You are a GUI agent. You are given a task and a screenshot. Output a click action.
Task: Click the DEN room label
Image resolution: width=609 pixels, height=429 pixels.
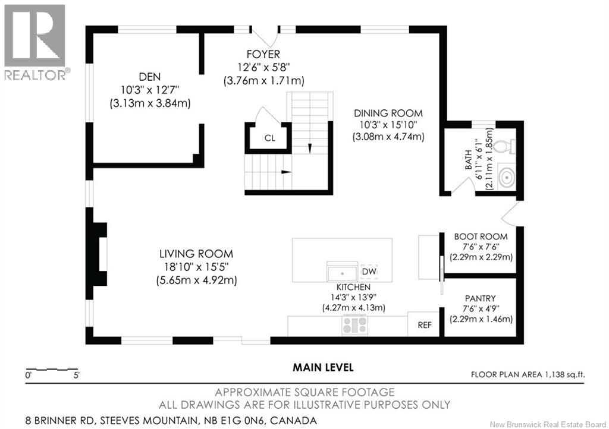[149, 77]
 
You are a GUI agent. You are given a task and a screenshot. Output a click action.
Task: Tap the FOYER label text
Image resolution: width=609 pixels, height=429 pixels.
[263, 54]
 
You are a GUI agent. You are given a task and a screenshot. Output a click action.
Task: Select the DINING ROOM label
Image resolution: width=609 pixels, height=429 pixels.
[388, 113]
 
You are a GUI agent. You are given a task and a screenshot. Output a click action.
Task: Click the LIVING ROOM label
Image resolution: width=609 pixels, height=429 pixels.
[196, 254]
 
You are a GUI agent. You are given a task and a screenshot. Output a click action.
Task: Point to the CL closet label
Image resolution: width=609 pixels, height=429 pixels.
[270, 138]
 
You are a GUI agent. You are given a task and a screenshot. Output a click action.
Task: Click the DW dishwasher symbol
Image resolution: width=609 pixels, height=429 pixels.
[369, 272]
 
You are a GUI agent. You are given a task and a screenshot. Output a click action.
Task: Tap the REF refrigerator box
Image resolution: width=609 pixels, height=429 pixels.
[423, 324]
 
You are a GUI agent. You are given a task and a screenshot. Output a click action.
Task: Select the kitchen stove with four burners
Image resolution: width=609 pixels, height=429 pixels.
[354, 325]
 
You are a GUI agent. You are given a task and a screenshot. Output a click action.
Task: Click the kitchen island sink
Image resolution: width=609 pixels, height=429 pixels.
[342, 272]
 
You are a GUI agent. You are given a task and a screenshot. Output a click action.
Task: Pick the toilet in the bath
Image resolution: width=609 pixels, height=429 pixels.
[507, 146]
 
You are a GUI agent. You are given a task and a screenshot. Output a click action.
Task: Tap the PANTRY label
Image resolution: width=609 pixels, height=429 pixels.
[481, 299]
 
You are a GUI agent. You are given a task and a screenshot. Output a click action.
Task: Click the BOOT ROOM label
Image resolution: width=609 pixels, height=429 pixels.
[481, 236]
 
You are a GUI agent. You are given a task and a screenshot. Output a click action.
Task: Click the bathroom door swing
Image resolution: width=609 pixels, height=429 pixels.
[462, 186]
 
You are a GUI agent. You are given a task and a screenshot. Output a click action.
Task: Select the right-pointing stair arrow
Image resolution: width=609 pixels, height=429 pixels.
[286, 172]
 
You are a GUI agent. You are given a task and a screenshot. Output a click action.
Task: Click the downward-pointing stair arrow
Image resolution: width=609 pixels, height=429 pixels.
[309, 149]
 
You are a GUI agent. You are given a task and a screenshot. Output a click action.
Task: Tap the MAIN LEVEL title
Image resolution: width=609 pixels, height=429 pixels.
[323, 367]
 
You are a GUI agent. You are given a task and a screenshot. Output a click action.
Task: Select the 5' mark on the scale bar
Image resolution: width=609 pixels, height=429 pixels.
[77, 376]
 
